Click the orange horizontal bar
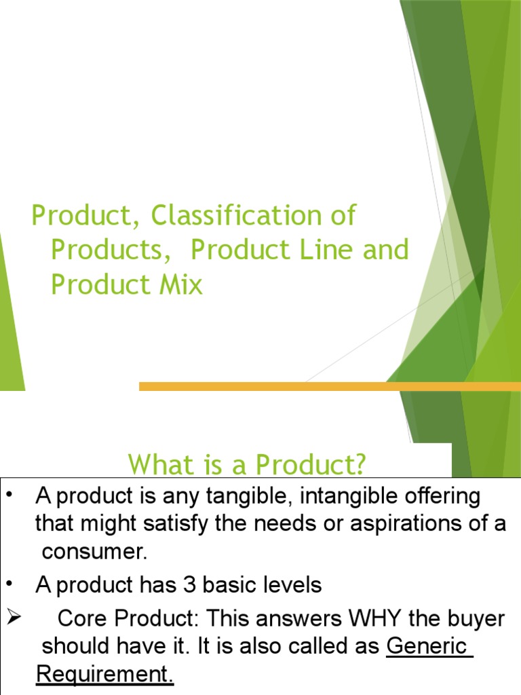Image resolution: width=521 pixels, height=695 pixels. [330, 386]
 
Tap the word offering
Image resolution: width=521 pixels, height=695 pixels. [447, 496]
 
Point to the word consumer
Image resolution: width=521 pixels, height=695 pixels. [94, 551]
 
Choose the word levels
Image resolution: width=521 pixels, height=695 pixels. [289, 585]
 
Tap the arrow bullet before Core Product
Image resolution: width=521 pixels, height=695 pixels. [14, 619]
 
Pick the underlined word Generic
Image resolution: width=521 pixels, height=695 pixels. [427, 646]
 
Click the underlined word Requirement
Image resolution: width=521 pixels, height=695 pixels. [104, 674]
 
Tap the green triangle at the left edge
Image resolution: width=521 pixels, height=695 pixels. [9, 319]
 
